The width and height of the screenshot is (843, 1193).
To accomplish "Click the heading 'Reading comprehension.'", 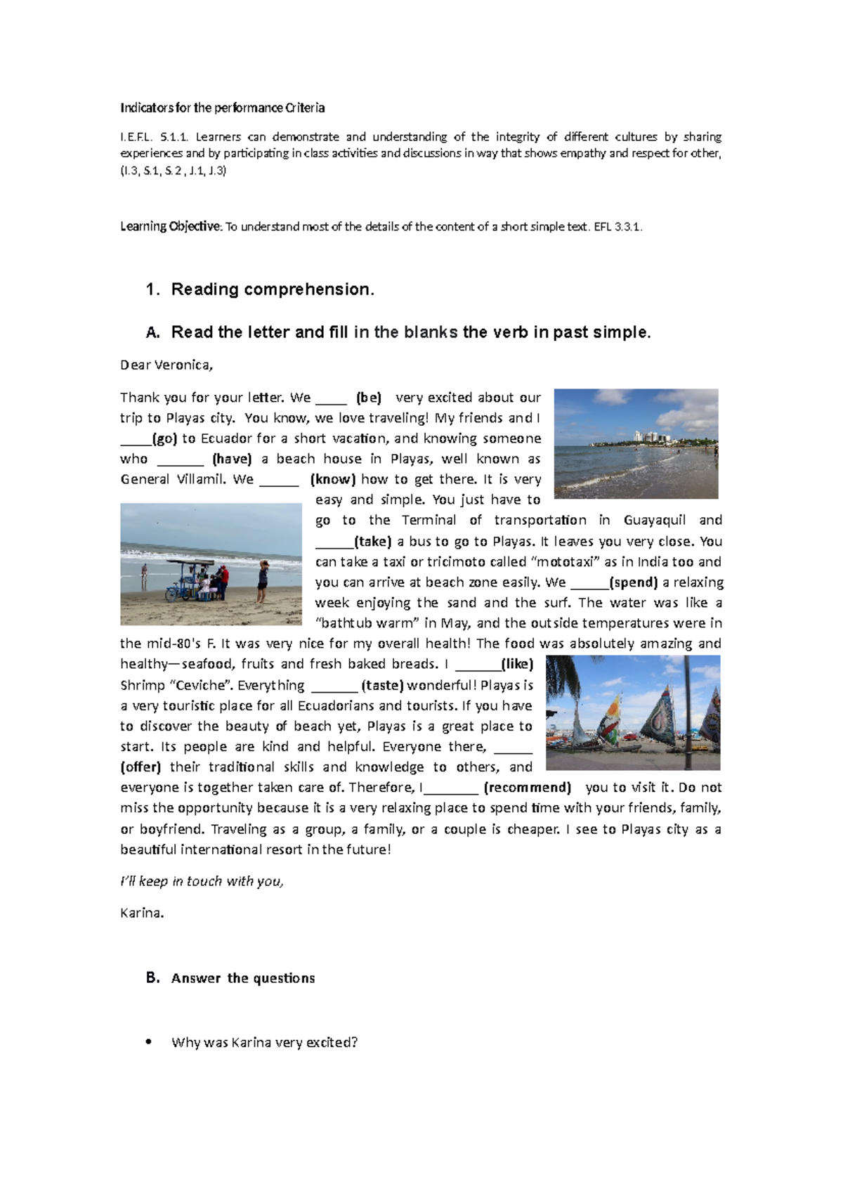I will point(273,289).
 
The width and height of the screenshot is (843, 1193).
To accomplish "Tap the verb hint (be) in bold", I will point(369,398).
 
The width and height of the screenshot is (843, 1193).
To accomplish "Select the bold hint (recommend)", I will point(527,788).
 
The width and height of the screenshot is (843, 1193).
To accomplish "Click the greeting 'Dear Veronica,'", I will point(166,365).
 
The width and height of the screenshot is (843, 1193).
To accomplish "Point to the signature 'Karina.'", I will point(142,913).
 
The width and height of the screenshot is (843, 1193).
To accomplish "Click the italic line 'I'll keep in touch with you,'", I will point(202,881).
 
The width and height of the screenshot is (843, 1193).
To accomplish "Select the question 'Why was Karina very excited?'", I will point(264,1043).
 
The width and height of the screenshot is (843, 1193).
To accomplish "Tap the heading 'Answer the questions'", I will point(242,978).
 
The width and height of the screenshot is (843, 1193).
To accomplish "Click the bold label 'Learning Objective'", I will point(170,226).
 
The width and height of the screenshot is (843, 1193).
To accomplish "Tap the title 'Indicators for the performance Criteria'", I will point(222,107).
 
